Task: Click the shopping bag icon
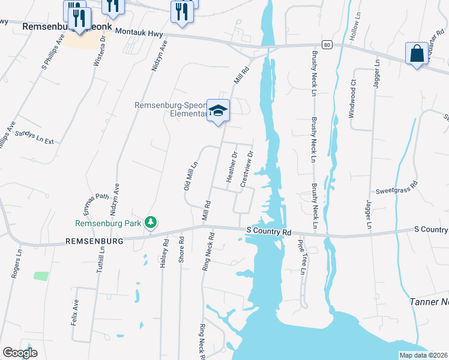click(x=417, y=53)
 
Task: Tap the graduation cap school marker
click(x=218, y=111)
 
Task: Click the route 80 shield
click(x=326, y=44)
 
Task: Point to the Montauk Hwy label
click(x=139, y=31)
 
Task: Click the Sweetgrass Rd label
click(x=396, y=189)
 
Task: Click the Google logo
click(x=20, y=353)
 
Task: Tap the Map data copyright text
click(x=423, y=355)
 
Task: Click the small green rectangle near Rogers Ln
click(x=41, y=276)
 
